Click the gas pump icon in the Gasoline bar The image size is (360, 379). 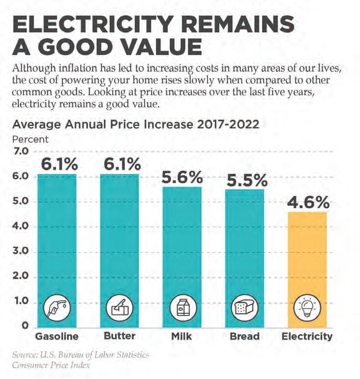click(x=58, y=308)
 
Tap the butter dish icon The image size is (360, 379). click(x=120, y=308)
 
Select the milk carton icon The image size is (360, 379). click(x=182, y=308)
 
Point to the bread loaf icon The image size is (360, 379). click(x=244, y=308)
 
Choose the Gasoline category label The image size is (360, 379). click(x=58, y=337)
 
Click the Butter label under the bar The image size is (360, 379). click(x=120, y=337)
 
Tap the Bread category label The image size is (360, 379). click(x=244, y=337)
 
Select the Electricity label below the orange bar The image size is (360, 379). click(x=306, y=337)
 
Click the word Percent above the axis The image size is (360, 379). click(x=30, y=139)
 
